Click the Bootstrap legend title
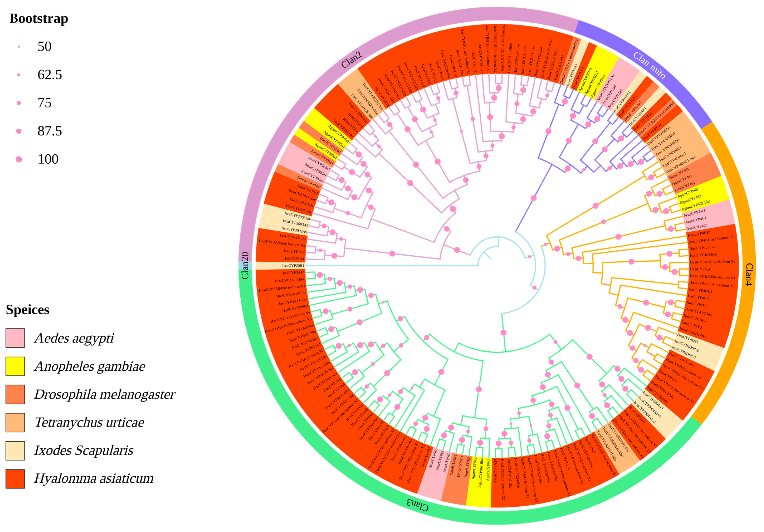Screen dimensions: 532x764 39,19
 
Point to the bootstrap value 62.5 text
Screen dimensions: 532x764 50,75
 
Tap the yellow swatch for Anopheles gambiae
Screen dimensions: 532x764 15,366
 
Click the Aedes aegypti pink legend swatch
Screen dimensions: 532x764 15,338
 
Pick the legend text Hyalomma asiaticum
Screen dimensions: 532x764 94,479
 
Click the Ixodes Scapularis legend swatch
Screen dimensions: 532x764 15,451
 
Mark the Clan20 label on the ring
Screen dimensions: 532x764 245,265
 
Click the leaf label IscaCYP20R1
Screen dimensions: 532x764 293,266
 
